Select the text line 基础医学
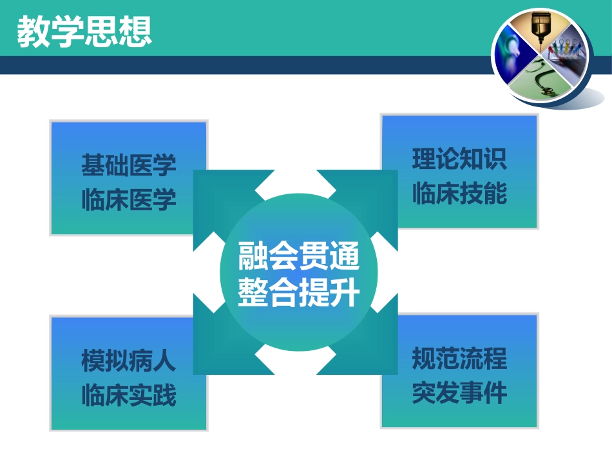click(x=129, y=165)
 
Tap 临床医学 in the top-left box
click(x=129, y=200)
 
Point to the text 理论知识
click(x=459, y=159)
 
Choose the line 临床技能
click(x=459, y=194)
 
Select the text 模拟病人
click(x=129, y=361)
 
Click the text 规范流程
click(x=459, y=359)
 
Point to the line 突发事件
click(x=459, y=394)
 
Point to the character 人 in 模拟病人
click(x=164, y=361)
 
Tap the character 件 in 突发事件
click(x=495, y=394)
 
